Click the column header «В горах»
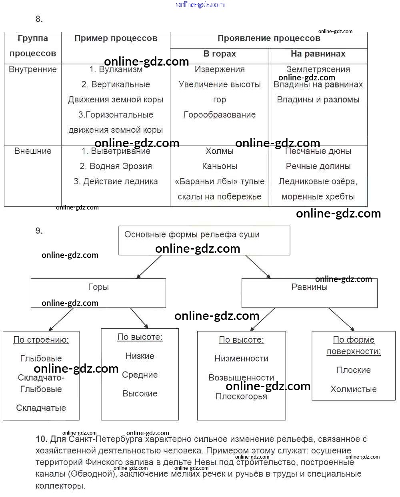click(x=219, y=54)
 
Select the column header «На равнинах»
click(x=318, y=54)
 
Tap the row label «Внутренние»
click(x=32, y=70)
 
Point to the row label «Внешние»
click(x=32, y=151)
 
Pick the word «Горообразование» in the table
click(x=219, y=115)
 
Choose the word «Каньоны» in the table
click(x=219, y=166)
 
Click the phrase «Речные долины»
click(x=318, y=166)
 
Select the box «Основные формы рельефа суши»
click(x=204, y=240)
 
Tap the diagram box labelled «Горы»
click(x=98, y=293)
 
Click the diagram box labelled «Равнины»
click(x=309, y=293)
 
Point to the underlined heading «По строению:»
click(x=41, y=340)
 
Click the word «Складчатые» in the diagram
click(x=41, y=408)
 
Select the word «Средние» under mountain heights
click(x=140, y=375)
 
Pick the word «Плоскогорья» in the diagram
click(x=241, y=397)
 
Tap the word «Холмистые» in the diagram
click(x=353, y=389)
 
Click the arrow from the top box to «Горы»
click(x=149, y=267)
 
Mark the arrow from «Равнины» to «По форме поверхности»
click(x=341, y=319)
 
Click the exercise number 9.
click(x=39, y=231)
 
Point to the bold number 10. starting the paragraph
click(x=42, y=439)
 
